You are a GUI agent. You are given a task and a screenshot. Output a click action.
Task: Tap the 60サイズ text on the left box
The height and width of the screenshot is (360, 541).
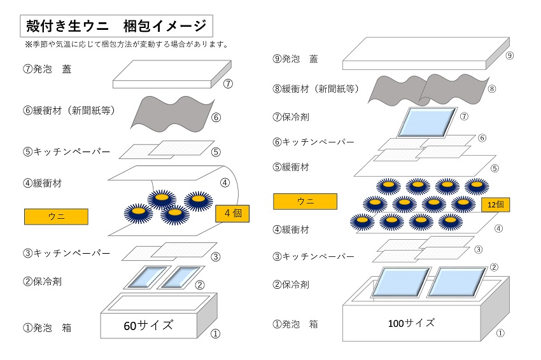click(x=148, y=326)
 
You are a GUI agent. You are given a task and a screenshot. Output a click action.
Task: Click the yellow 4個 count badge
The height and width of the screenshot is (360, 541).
click(x=232, y=213)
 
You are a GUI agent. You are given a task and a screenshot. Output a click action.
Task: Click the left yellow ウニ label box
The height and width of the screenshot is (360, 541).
click(x=56, y=216)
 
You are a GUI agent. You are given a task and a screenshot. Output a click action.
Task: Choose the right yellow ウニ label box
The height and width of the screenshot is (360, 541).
click(x=306, y=202)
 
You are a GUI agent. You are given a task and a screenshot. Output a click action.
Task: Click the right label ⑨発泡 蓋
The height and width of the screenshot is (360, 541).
click(x=295, y=59)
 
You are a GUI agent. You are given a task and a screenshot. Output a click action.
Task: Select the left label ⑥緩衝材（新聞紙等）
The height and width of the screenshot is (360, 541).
click(x=68, y=110)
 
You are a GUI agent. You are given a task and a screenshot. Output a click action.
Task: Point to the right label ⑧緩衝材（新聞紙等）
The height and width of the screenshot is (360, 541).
click(x=316, y=88)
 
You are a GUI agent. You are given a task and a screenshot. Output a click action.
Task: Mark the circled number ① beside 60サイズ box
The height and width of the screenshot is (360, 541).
click(x=215, y=332)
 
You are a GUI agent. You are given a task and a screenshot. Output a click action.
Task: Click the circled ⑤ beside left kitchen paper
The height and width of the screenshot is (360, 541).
click(x=216, y=152)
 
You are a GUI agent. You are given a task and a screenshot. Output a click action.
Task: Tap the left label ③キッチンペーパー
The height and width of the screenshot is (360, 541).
click(x=66, y=253)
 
